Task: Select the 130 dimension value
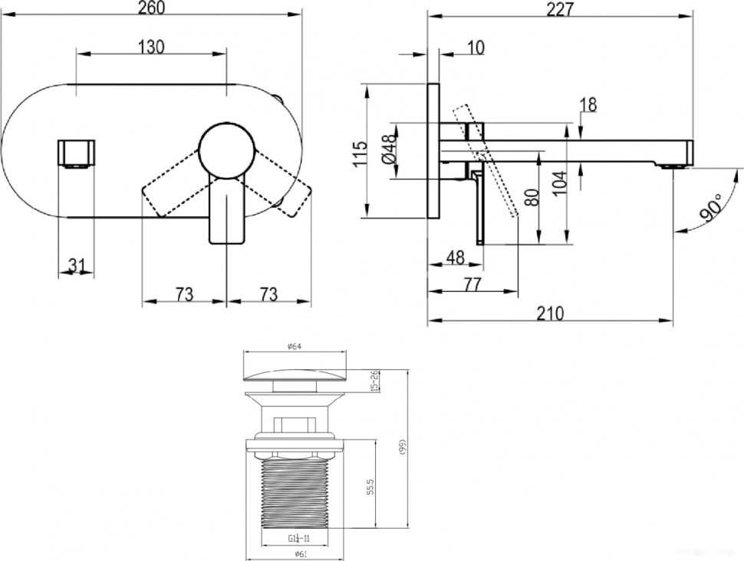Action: pyautogui.click(x=152, y=47)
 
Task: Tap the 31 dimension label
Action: pyautogui.click(x=76, y=265)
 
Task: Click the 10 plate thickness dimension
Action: pyautogui.click(x=475, y=48)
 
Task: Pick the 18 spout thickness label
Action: pyautogui.click(x=588, y=104)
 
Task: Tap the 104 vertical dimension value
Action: pyautogui.click(x=559, y=179)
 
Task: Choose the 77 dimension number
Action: pyautogui.click(x=472, y=285)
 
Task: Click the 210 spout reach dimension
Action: pyautogui.click(x=550, y=313)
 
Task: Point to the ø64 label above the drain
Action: pyautogui.click(x=294, y=346)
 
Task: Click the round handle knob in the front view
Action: pyautogui.click(x=226, y=149)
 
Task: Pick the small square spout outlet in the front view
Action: pyautogui.click(x=77, y=153)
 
